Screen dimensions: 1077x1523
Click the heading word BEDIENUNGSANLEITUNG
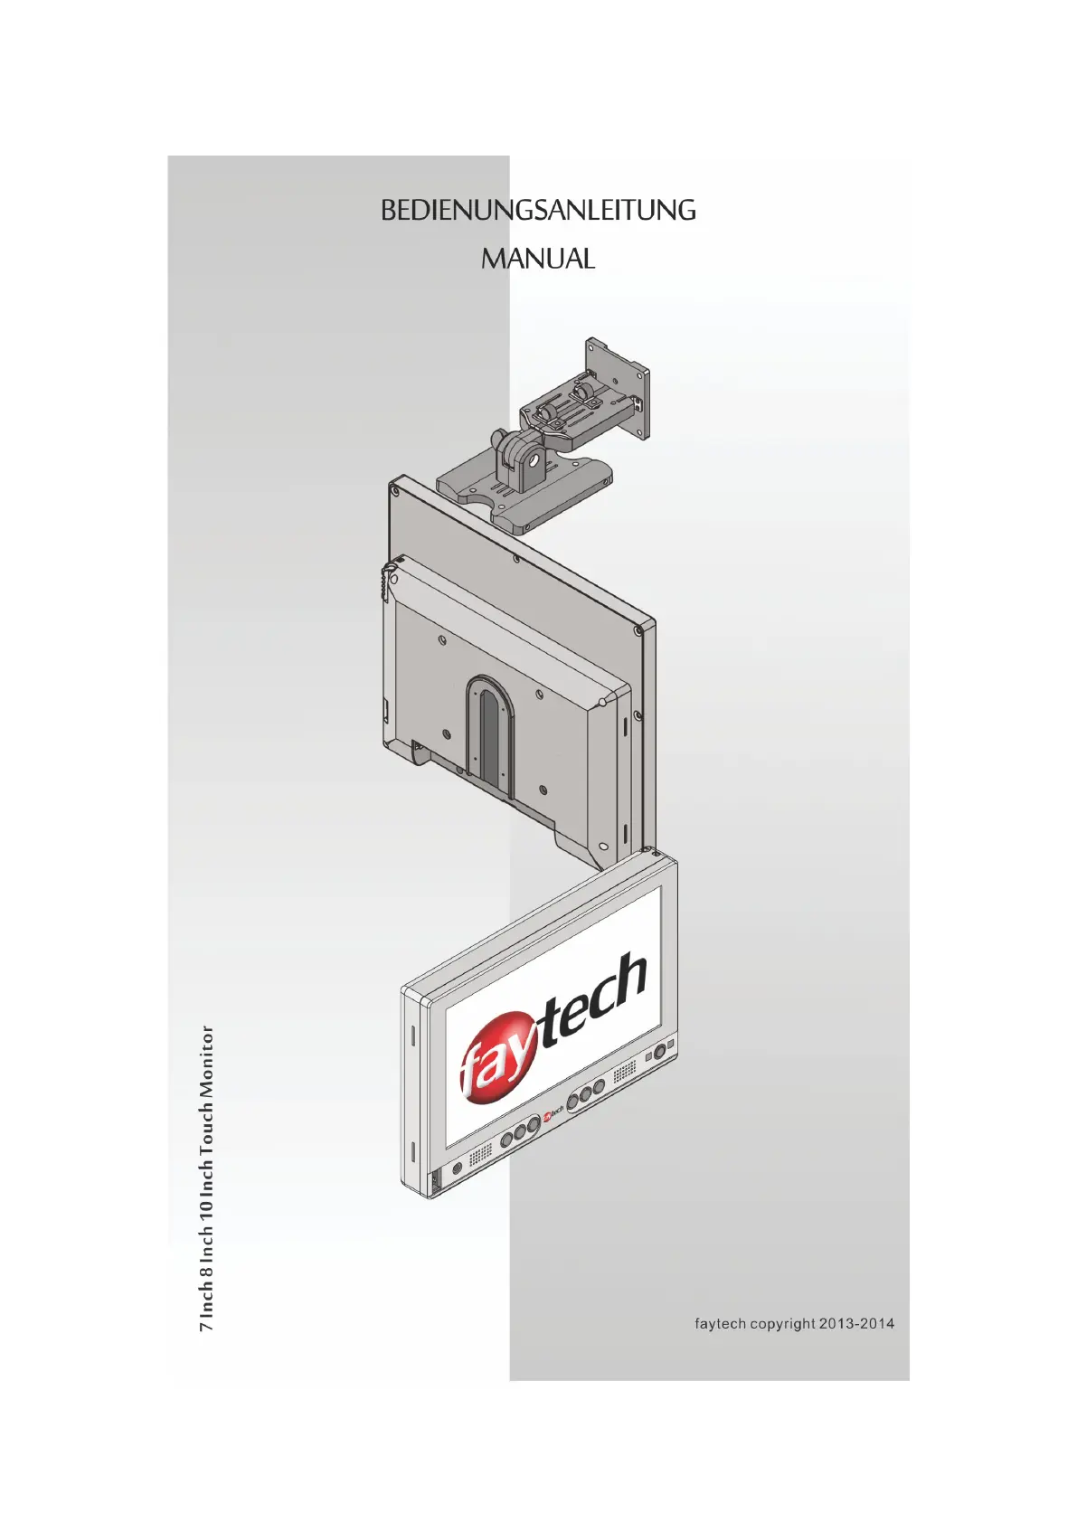[538, 210]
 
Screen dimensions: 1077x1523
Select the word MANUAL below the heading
[538, 259]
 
